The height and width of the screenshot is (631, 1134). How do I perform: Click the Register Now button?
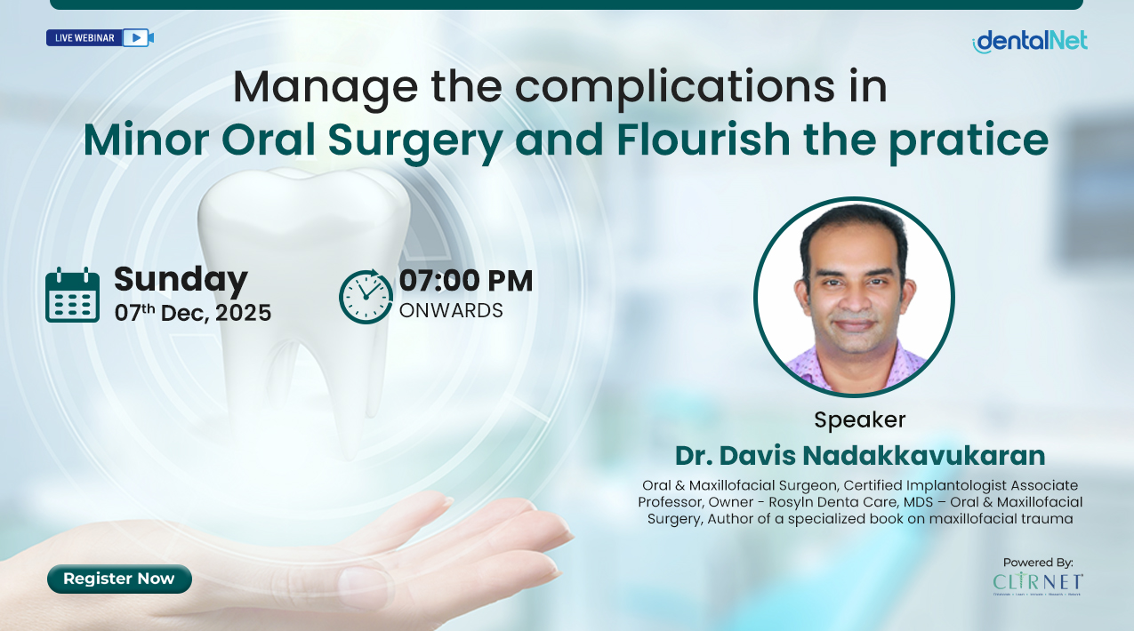tap(119, 579)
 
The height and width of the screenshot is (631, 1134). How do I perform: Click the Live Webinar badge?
tap(100, 37)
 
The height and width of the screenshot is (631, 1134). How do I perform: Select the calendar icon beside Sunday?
tap(72, 295)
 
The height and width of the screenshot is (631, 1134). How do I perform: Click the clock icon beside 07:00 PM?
tap(366, 296)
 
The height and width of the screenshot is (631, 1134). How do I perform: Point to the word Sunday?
tap(181, 279)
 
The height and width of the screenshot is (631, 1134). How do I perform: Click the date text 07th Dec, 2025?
tap(192, 313)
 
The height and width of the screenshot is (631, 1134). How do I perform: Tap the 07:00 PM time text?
tap(465, 281)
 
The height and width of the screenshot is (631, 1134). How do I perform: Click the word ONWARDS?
tap(450, 311)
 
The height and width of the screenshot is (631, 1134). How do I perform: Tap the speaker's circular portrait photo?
tap(854, 296)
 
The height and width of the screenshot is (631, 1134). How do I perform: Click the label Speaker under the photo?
tap(859, 419)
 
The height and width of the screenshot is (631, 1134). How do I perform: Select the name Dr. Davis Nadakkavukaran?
tap(859, 455)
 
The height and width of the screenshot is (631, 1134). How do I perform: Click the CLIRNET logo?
tap(1038, 583)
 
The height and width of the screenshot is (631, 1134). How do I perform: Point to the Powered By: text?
tap(1038, 562)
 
